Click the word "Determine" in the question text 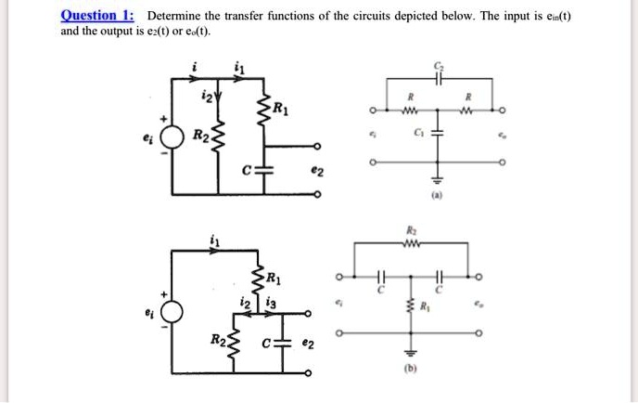click(176, 16)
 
